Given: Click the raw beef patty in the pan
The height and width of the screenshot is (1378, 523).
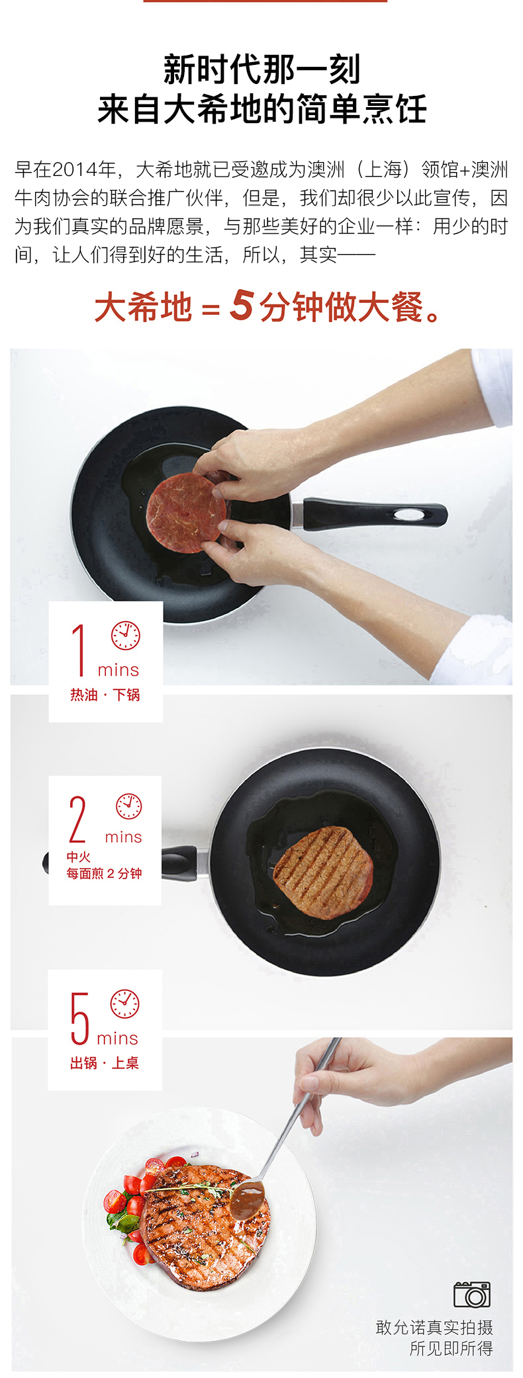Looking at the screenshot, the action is tap(186, 513).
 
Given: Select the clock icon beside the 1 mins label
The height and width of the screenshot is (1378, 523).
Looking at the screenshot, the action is tap(125, 635).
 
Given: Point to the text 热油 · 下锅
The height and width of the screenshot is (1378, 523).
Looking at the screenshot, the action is tap(105, 695).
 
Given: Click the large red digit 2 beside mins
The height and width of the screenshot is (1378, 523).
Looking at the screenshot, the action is tap(77, 819).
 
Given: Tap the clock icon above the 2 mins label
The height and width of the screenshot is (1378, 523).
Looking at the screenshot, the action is tap(129, 806).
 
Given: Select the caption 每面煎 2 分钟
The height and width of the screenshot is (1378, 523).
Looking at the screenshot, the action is tap(104, 873).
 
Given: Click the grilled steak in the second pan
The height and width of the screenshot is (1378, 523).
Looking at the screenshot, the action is tap(323, 872).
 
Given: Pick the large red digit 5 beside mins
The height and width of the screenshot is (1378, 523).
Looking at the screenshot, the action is tap(79, 1019).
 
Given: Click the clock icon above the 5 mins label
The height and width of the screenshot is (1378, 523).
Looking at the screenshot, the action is tap(124, 1004).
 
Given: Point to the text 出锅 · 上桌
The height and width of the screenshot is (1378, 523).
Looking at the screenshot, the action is tap(105, 1062).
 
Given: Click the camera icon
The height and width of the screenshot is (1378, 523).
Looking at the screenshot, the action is tap(472, 1294).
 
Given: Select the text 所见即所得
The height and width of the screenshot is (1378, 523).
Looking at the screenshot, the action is tap(452, 1348).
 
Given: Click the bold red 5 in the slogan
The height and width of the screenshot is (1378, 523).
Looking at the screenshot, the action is tap(242, 305).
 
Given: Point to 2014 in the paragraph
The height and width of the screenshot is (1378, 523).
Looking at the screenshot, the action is tap(75, 170).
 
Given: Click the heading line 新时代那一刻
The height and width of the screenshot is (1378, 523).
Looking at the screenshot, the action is tap(261, 70).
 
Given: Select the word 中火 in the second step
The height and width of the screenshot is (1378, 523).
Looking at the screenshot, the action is tap(78, 857).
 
